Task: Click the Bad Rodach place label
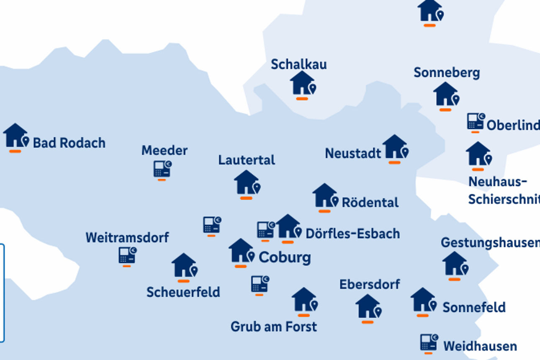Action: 69,143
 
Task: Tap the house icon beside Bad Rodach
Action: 16,136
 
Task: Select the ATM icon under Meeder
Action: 162,169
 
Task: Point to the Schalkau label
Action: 298,64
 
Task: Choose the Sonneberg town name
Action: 447,72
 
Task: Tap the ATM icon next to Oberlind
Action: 476,121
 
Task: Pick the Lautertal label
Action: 247,160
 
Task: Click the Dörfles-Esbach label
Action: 352,234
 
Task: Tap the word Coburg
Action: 285,257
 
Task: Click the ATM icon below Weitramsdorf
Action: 127,255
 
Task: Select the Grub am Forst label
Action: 274,327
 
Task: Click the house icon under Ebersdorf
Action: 368,306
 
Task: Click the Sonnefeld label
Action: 474,307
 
